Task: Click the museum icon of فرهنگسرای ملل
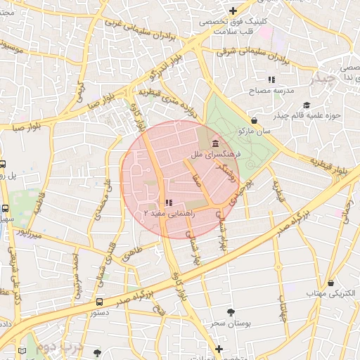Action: coord(214,143)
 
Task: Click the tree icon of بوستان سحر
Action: coord(231,311)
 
